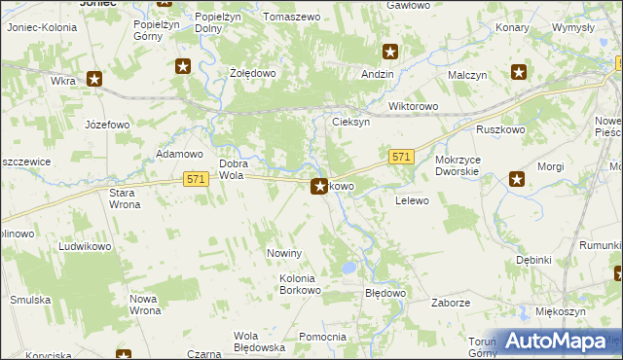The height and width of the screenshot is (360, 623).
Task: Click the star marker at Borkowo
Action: point(318,185)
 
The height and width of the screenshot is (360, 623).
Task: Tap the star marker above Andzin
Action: point(390,53)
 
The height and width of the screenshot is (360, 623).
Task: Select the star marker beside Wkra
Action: point(94,79)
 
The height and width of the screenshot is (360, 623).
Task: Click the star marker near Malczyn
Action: point(519,71)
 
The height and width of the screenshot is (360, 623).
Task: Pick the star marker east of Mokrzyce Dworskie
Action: point(517,178)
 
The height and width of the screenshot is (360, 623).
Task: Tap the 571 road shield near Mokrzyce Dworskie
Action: point(402,157)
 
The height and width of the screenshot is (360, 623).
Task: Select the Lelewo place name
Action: point(412,200)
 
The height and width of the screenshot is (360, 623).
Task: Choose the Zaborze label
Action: point(452,303)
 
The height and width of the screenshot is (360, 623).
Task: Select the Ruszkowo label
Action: point(500,129)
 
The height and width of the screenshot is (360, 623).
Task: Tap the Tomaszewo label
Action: point(291,17)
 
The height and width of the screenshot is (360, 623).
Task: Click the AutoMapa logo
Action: point(555,342)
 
